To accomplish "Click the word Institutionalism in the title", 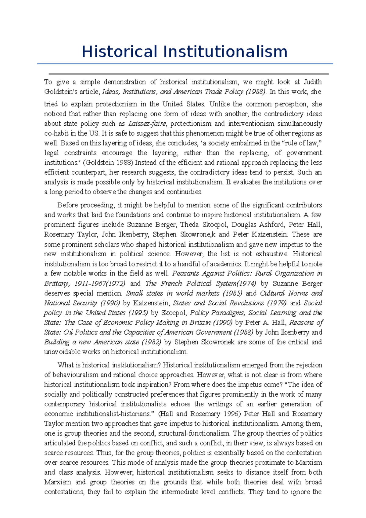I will pyautogui.click(x=225, y=52).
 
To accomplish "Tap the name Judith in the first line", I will pyautogui.click(x=313, y=82).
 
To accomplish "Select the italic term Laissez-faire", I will pyautogui.click(x=147, y=124).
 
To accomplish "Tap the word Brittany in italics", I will pyautogui.click(x=56, y=283).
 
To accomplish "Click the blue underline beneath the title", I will pyautogui.click(x=185, y=64).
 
